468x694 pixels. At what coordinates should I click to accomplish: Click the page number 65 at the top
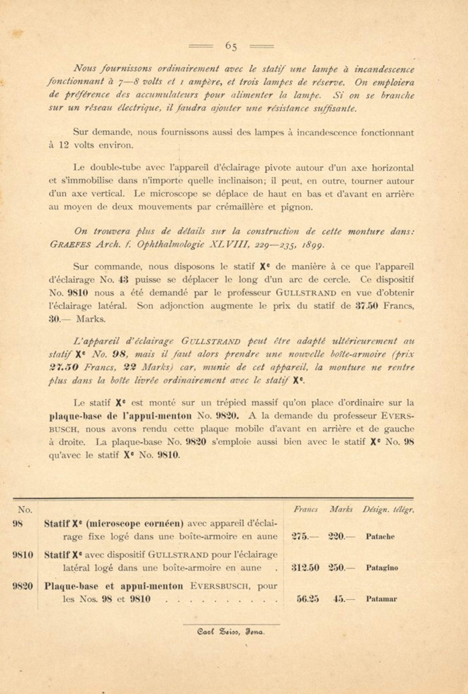231,46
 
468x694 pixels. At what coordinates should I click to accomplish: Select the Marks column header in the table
341,509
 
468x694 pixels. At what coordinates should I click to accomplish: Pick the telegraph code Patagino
382,568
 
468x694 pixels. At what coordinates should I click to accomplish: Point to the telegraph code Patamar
381,599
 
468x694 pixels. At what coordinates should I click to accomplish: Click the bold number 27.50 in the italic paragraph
64,367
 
